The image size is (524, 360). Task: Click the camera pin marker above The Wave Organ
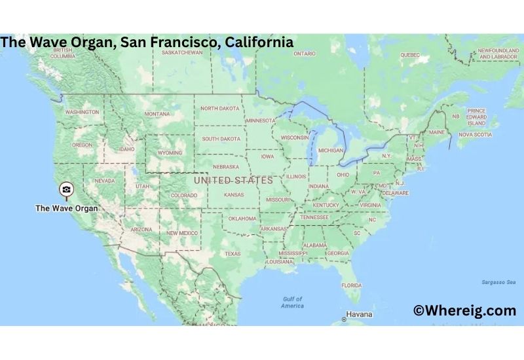tap(66, 190)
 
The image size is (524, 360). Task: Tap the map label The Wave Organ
tap(66, 209)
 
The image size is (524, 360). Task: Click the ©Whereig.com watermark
tap(464, 311)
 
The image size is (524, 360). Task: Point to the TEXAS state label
tap(233, 253)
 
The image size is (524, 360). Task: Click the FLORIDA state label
tap(351, 285)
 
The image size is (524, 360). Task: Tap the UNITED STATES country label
tap(233, 180)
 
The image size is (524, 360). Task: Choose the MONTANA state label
tap(157, 114)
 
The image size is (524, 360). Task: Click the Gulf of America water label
tap(292, 302)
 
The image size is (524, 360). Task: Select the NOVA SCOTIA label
tap(474, 134)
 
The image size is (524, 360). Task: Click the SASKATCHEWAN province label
tap(181, 52)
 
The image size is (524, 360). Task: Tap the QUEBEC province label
tap(409, 55)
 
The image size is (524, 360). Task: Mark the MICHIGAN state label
tap(330, 150)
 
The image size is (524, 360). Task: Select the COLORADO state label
tap(183, 195)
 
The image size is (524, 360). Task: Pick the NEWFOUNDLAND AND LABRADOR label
tap(498, 54)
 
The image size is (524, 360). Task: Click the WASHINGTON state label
tap(82, 112)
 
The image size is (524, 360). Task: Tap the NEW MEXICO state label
tap(181, 233)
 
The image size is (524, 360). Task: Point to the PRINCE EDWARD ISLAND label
tap(477, 117)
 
